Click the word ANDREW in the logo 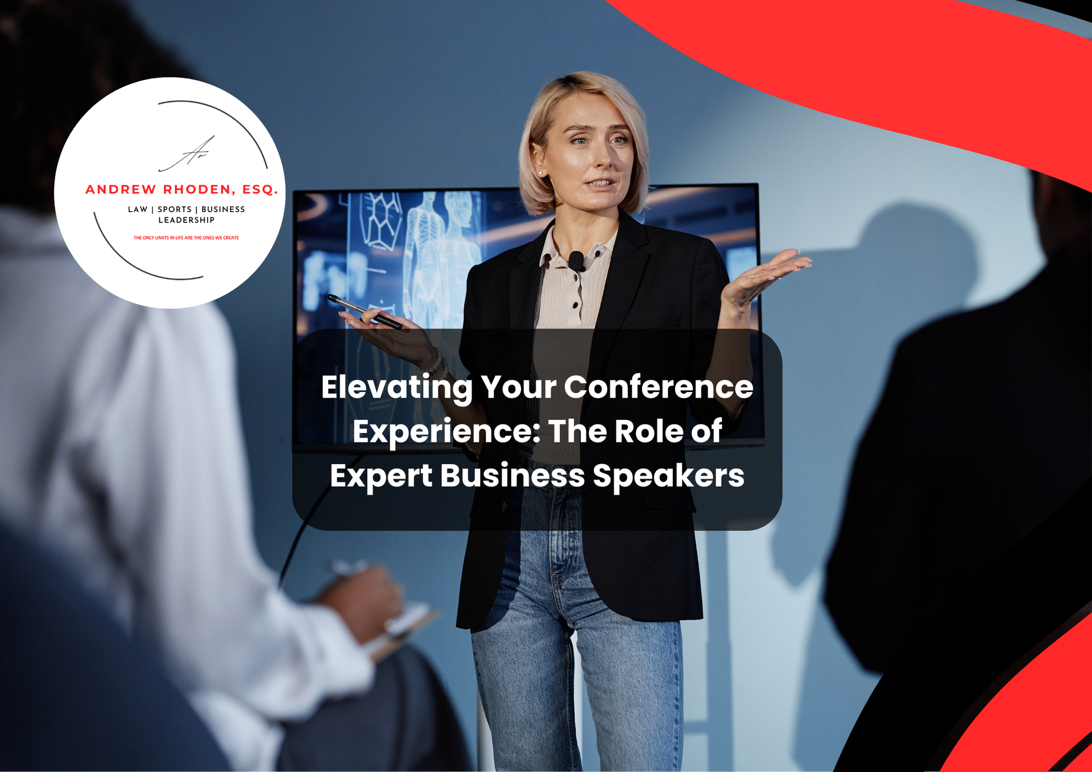[121, 189]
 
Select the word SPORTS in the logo [175, 209]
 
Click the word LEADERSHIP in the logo [187, 220]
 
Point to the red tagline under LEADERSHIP [186, 238]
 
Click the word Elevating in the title [396, 387]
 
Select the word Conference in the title [659, 387]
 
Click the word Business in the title [512, 476]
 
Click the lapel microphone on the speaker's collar [576, 261]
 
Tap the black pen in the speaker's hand [364, 312]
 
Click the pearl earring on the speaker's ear [540, 173]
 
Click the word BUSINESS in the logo [223, 209]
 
